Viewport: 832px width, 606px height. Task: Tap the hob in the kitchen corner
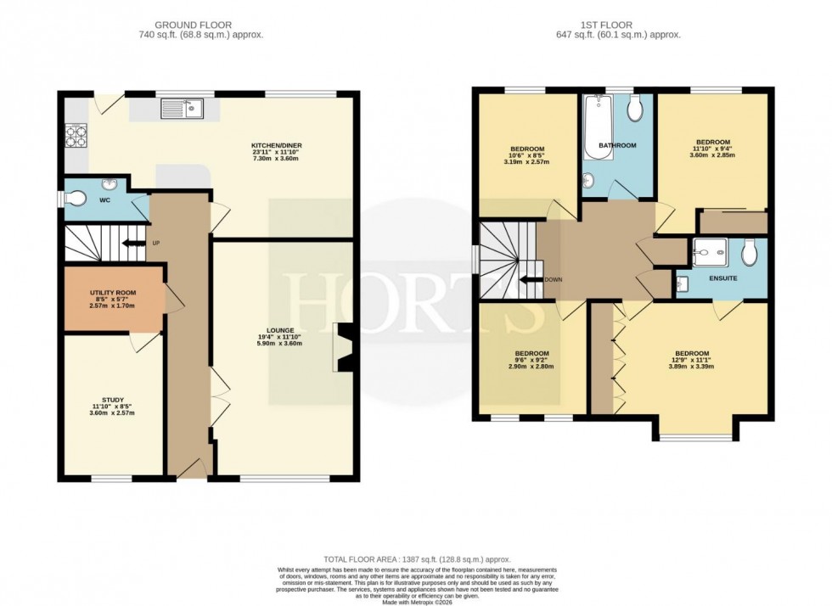click(x=76, y=136)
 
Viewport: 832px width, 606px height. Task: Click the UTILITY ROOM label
click(x=113, y=293)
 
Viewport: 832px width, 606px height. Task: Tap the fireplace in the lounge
click(x=345, y=348)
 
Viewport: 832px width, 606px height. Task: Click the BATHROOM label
click(x=617, y=145)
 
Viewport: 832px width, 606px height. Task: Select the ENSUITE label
click(x=722, y=278)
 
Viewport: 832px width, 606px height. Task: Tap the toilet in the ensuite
click(x=749, y=251)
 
